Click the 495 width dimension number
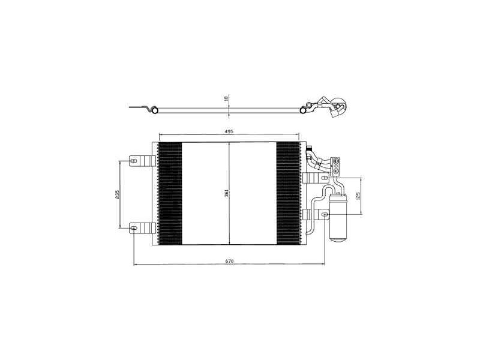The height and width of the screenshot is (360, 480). [x=229, y=131]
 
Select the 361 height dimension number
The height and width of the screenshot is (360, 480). [x=227, y=193]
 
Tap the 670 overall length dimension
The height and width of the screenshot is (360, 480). [x=229, y=260]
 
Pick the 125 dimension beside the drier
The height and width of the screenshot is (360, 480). [x=358, y=194]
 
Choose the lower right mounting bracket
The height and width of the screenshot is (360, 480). [x=316, y=214]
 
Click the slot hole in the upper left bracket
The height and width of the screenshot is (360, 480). [x=134, y=161]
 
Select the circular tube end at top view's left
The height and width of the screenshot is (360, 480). [x=154, y=110]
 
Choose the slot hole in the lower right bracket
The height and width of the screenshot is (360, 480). [x=324, y=214]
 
